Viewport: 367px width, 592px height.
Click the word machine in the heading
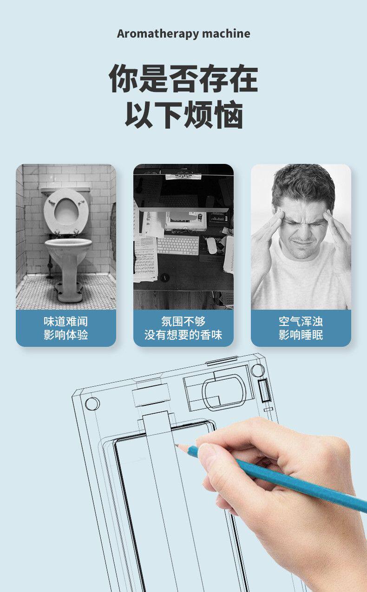pos(226,33)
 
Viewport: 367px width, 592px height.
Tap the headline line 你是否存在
pos(183,78)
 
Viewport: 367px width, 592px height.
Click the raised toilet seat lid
pos(66,211)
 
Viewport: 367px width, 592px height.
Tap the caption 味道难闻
pos(66,322)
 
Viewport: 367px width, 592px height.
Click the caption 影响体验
pos(66,335)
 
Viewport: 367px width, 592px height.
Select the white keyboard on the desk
pos(178,245)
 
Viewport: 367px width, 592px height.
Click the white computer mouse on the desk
pos(212,246)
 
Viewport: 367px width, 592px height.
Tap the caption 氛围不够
pos(183,322)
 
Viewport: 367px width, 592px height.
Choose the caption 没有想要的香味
pos(183,335)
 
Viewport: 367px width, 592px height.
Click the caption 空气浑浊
pos(301,322)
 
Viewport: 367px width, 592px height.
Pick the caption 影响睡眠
pos(301,335)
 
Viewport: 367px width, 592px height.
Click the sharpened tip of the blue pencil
pos(175,445)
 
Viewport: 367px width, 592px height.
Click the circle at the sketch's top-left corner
pos(92,404)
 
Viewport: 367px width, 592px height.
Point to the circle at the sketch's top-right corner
pos(258,370)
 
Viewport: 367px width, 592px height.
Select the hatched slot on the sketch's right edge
pos(264,390)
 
